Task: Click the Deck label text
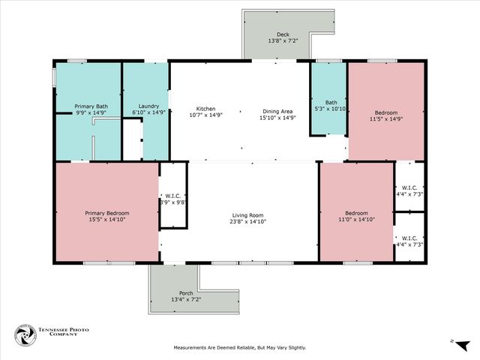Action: (x=283, y=33)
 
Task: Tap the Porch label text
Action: (x=185, y=292)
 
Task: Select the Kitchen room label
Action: (x=206, y=107)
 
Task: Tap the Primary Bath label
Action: (x=91, y=106)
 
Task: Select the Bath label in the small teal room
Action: (x=331, y=103)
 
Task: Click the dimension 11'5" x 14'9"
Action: (x=386, y=118)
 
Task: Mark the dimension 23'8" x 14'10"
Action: (x=248, y=222)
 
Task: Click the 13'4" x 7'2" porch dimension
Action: (x=185, y=299)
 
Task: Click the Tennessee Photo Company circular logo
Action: (x=25, y=334)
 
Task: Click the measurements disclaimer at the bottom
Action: (x=240, y=347)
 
